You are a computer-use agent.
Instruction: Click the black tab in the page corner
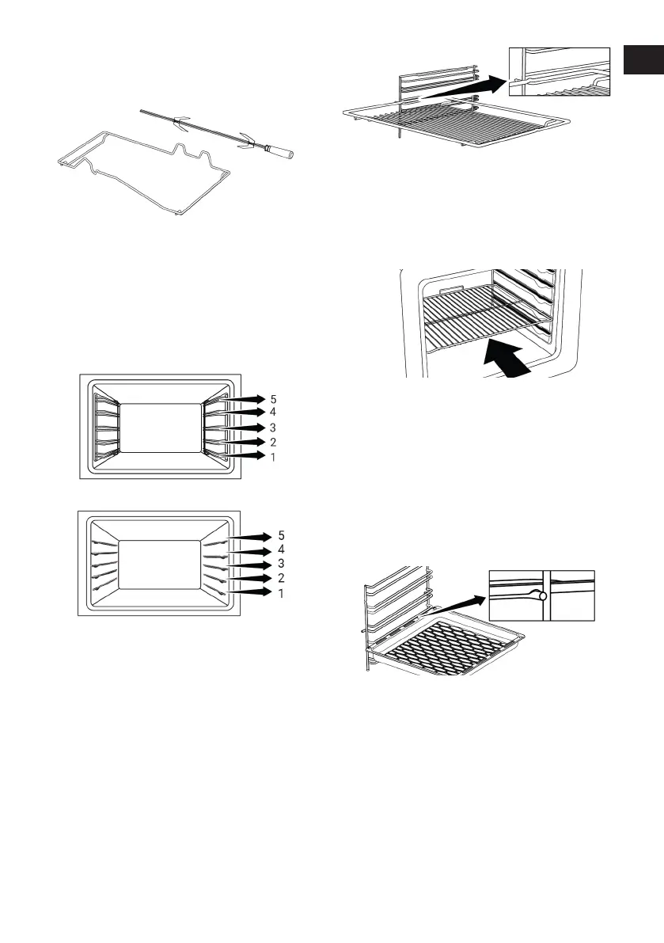coord(643,60)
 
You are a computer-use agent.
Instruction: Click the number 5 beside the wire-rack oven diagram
coord(273,398)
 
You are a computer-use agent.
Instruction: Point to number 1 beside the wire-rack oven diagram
coord(273,457)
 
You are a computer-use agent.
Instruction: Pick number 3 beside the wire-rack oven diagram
coord(273,428)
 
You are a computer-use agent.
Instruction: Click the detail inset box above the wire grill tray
coord(560,71)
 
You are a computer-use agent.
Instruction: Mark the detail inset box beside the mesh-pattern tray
coord(541,595)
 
